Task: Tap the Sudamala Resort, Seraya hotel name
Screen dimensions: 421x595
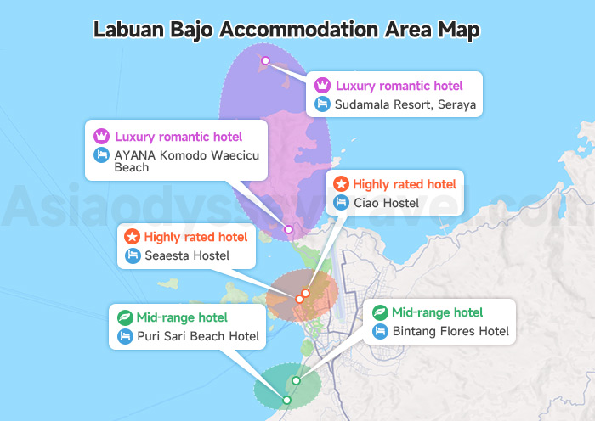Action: (405, 105)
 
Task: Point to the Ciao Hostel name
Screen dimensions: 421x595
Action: (387, 203)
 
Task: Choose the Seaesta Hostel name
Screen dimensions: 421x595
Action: (188, 255)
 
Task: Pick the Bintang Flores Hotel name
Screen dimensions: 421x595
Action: (450, 331)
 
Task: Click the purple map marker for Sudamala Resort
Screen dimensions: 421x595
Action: (265, 60)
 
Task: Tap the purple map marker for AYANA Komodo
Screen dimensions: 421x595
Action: (288, 229)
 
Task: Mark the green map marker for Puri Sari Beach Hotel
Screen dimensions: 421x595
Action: (286, 400)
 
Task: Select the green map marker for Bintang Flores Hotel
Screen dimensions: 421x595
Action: (296, 380)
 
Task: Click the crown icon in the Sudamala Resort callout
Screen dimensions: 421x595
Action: (322, 86)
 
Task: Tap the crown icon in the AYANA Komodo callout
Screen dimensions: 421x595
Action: (102, 136)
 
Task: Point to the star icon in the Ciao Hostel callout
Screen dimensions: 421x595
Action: (341, 183)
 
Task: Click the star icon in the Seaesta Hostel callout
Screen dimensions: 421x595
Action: (133, 237)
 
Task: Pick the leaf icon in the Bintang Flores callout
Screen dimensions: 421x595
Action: (381, 312)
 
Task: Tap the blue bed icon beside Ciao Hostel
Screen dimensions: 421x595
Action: (341, 203)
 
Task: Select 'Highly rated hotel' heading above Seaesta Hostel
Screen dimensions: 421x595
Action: (195, 237)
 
